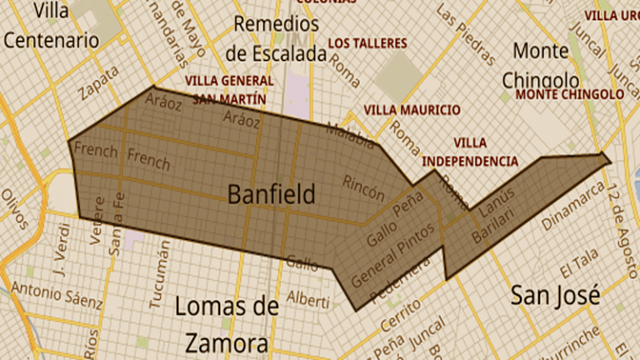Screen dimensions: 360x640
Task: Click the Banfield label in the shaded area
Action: click(272, 195)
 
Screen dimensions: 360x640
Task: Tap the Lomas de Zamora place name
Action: click(227, 325)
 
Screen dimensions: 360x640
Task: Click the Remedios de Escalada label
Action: click(275, 38)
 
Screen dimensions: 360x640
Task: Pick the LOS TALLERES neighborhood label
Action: click(367, 42)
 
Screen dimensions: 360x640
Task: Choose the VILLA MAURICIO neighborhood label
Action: click(412, 110)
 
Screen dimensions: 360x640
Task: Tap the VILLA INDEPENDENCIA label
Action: click(470, 152)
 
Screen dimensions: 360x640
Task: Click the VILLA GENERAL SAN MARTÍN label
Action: click(229, 89)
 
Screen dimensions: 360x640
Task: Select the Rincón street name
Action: click(363, 188)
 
